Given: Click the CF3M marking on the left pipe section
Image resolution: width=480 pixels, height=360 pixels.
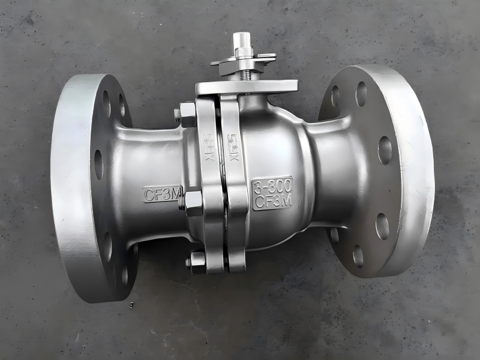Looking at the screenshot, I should tap(161, 194).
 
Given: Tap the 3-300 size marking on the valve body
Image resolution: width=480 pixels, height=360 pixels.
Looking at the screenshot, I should tap(272, 185).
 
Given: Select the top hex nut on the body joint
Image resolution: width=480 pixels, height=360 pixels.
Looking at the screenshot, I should tap(186, 114).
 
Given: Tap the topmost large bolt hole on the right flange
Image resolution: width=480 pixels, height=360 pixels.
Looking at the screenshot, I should tap(361, 94).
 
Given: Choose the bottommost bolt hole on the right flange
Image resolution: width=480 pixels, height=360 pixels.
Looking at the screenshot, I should tap(358, 256).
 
